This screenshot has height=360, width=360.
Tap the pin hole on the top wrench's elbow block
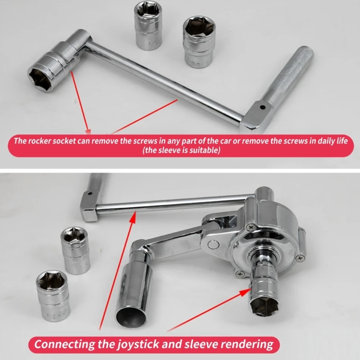pos(263,107)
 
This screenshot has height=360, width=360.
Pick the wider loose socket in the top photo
pos(199,41)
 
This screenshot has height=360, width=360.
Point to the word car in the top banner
pos(224,141)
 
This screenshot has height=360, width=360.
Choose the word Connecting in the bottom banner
pos(64,344)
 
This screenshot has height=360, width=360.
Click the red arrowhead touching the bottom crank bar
pos(133,217)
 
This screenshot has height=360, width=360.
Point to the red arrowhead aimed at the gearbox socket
pos(246,292)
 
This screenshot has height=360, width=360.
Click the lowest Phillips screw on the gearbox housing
pos(240,274)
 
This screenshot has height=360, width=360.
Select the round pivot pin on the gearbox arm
pos(213,244)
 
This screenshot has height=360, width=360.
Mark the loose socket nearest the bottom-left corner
pos(53,296)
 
